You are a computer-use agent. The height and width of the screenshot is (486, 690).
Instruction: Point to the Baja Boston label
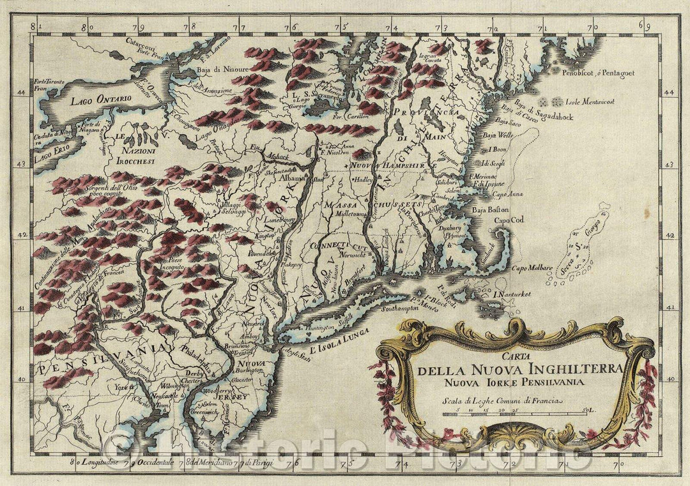point(490,209)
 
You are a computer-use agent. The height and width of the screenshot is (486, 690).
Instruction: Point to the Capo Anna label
point(509,194)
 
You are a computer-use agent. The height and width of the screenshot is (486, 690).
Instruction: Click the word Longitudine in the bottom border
point(102,461)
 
